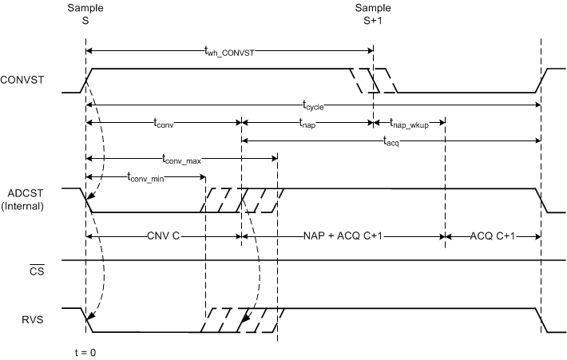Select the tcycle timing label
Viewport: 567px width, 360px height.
312,104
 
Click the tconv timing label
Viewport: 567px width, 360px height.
164,123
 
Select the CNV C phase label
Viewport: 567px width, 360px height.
164,237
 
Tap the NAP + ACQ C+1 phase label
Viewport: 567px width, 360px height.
343,237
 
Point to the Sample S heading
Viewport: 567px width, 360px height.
85,15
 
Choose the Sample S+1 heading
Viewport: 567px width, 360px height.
373,15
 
